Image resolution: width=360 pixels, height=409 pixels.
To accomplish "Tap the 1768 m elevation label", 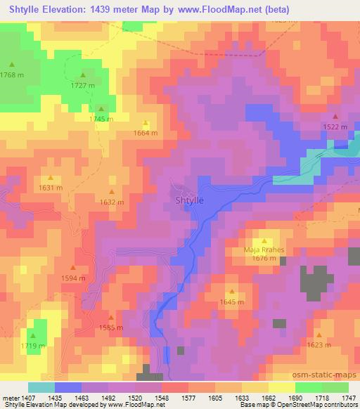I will click(x=12, y=74).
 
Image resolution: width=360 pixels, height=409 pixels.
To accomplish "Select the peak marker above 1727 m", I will click(x=83, y=75).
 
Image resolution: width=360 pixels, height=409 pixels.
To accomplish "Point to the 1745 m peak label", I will click(x=101, y=119).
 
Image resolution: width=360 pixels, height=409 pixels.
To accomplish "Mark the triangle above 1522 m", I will click(x=335, y=117).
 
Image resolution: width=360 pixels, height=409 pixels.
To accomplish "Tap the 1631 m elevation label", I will click(x=51, y=188).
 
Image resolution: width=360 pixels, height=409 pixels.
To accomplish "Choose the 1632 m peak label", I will click(x=112, y=202).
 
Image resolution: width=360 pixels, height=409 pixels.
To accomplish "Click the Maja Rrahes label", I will click(x=263, y=249).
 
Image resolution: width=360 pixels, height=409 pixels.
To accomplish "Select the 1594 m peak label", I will click(x=73, y=278).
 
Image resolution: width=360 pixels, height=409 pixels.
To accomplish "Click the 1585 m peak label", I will click(x=111, y=327).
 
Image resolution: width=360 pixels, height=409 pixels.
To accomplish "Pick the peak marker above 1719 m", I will click(x=32, y=336).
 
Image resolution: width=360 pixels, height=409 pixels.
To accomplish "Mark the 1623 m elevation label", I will click(x=319, y=345).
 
